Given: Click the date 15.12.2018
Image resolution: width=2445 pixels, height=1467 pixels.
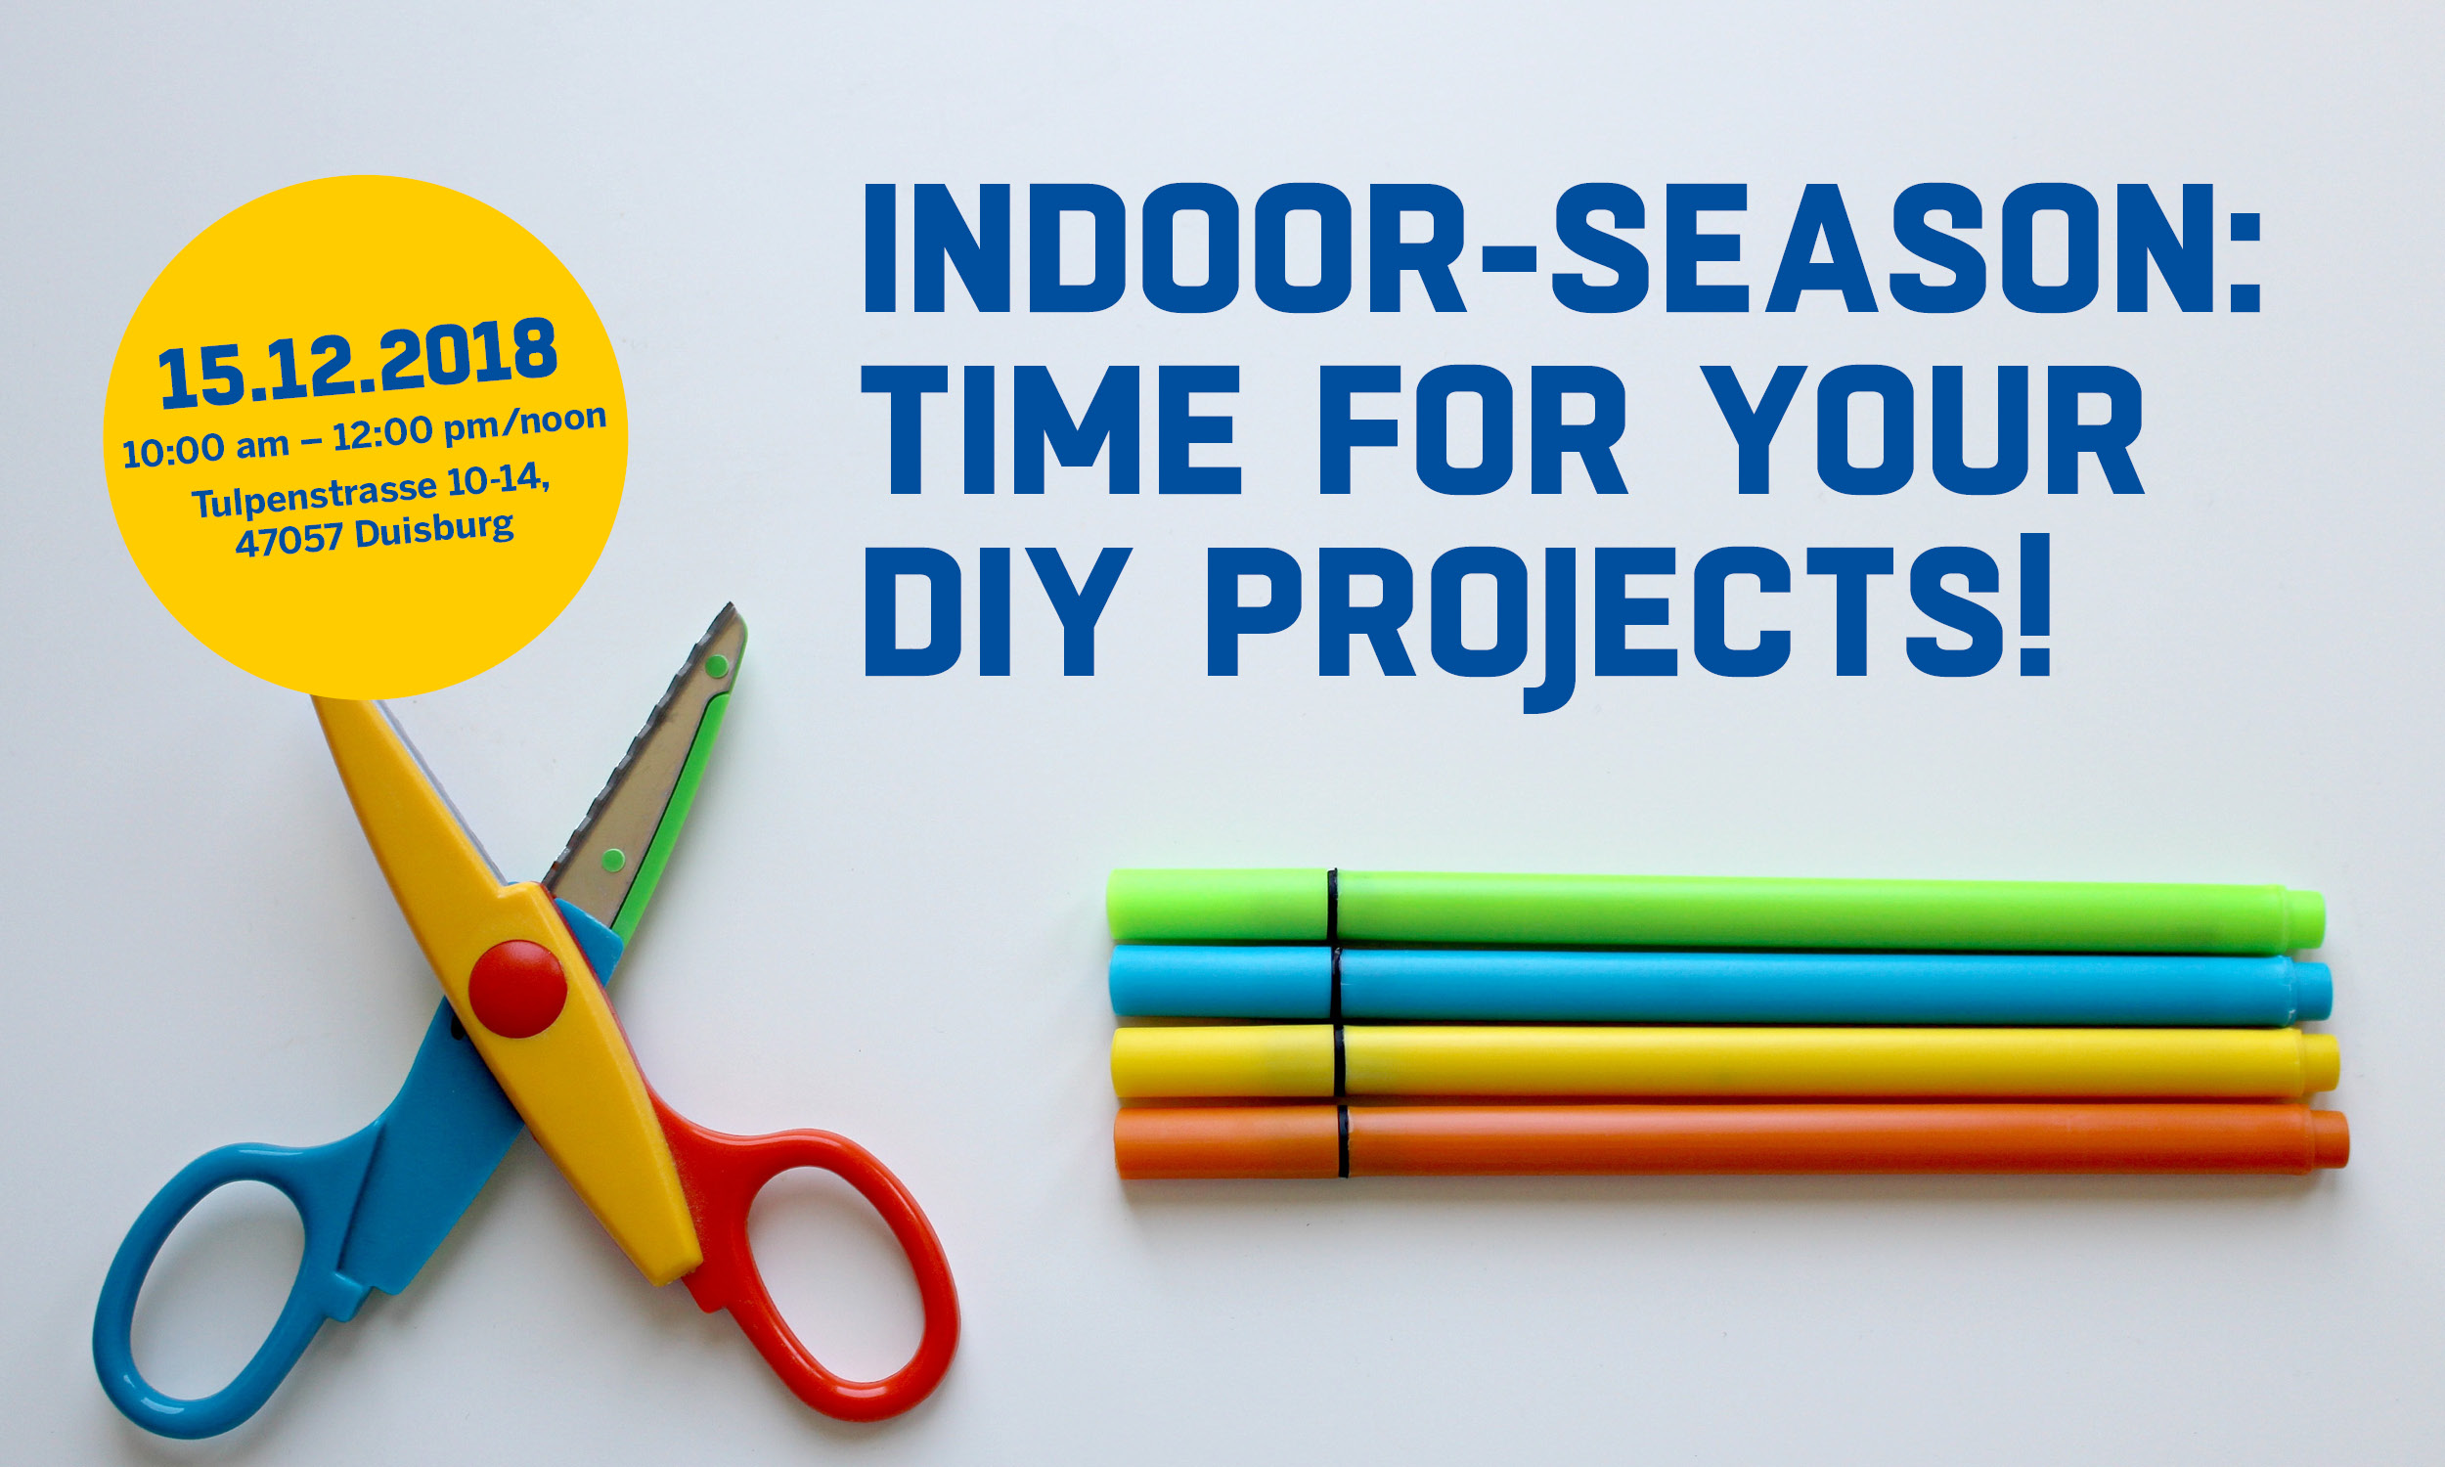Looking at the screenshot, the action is coord(358,362).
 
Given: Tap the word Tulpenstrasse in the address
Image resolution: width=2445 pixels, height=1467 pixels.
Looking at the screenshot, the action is coord(314,494).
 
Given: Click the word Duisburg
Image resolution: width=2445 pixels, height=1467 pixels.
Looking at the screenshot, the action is coord(434,529).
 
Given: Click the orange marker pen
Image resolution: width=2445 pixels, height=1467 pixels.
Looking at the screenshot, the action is coord(1730,1140).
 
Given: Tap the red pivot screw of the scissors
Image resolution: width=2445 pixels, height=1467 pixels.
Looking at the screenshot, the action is coord(516,988).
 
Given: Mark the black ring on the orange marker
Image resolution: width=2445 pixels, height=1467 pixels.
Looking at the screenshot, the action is coord(1343,1140).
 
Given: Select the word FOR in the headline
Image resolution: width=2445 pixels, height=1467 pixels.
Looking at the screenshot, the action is coord(1473,430).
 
